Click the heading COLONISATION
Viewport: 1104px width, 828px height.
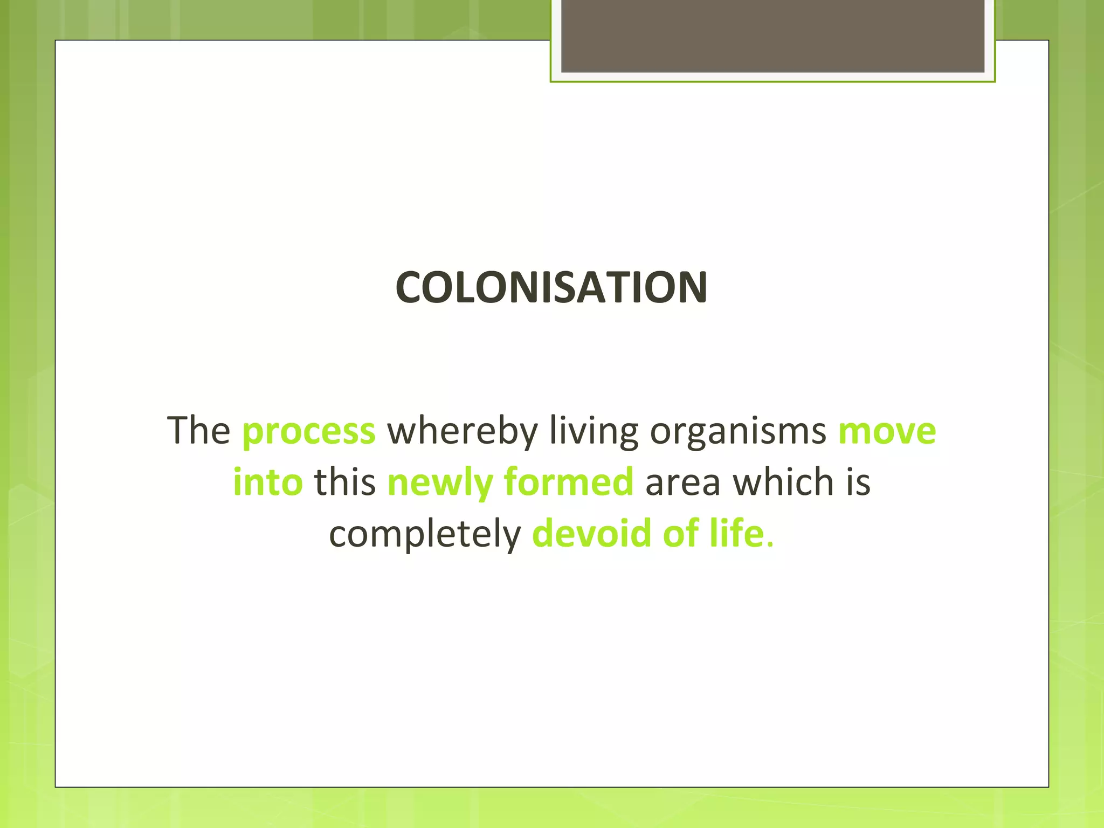pos(551,287)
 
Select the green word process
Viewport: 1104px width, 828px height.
pos(309,431)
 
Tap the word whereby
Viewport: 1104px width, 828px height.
pos(463,431)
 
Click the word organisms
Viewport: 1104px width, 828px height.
pos(738,431)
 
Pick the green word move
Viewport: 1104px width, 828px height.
pos(887,431)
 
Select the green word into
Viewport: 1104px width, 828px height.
pos(268,481)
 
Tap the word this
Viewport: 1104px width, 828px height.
pos(345,481)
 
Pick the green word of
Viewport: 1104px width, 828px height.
pos(680,533)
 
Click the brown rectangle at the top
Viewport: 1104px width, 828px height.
pos(772,36)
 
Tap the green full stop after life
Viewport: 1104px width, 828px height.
pos(770,545)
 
